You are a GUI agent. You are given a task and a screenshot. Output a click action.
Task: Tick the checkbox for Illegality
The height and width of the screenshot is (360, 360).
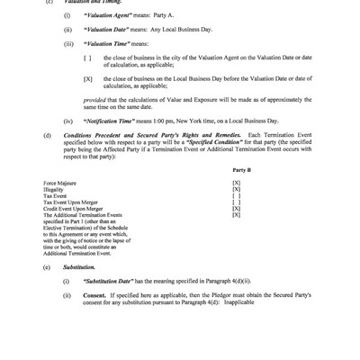click(237, 189)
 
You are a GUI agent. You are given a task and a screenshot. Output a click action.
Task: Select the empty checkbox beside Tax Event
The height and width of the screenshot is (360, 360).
click(237, 196)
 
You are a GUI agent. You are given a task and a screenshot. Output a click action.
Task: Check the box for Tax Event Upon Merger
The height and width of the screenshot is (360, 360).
click(237, 202)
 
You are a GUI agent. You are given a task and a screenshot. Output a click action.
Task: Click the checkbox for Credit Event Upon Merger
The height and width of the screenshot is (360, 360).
click(237, 209)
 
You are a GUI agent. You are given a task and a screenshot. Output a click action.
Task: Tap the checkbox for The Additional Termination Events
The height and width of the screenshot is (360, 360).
click(237, 215)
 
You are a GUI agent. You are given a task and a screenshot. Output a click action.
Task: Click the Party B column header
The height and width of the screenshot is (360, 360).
click(241, 168)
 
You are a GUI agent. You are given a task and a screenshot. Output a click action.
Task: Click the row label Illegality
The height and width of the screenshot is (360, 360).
click(53, 189)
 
